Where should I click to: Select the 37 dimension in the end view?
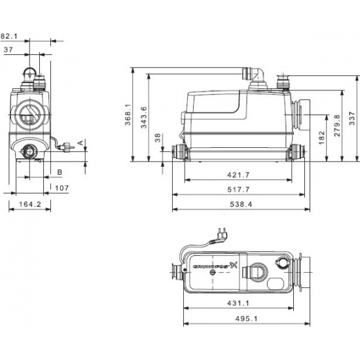(x=9, y=49)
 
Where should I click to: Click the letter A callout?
(x=79, y=141)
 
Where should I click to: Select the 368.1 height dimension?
(x=128, y=115)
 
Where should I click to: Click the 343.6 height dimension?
(x=143, y=118)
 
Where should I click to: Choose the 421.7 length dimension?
(x=238, y=175)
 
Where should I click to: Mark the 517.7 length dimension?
(x=238, y=190)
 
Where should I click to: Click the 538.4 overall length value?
(x=238, y=204)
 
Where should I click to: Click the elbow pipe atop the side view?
(x=256, y=73)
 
